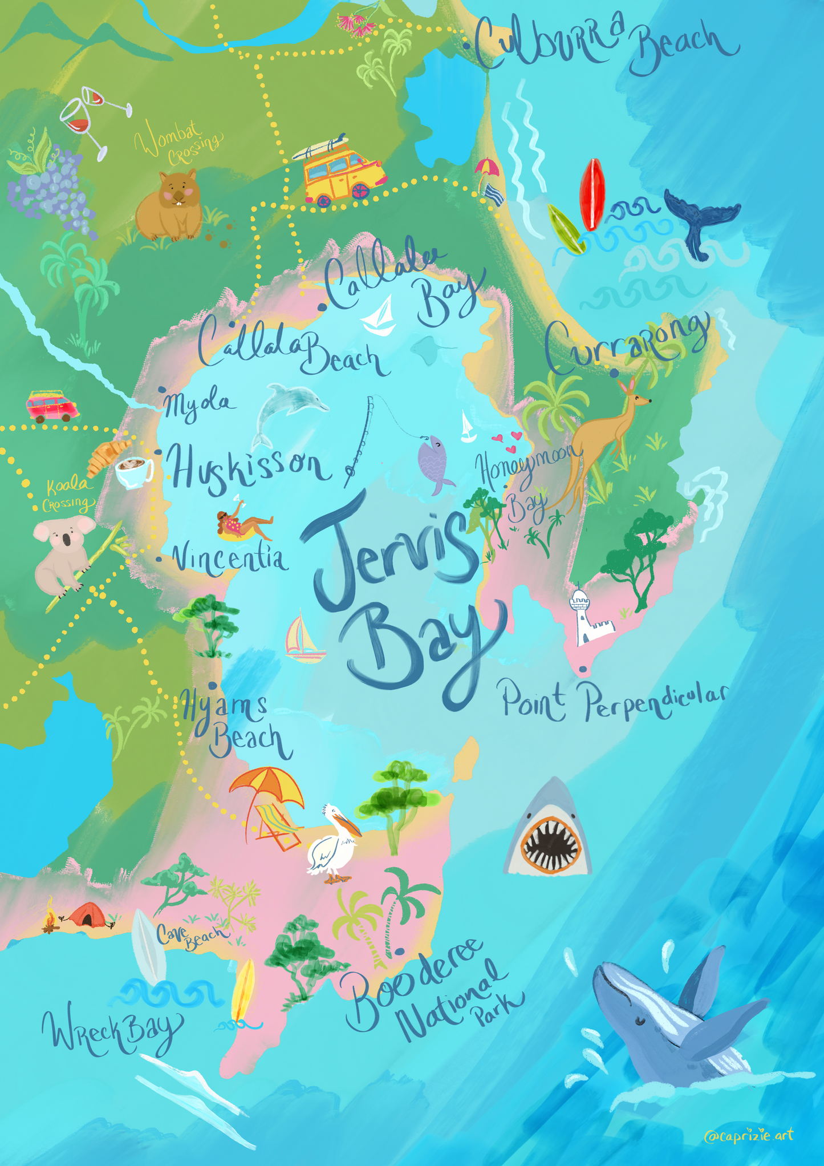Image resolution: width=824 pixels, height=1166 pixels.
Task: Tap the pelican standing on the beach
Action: (x=331, y=842)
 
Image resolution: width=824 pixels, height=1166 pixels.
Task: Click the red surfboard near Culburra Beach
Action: (x=592, y=194)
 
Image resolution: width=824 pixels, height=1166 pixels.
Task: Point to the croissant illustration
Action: (x=107, y=456)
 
